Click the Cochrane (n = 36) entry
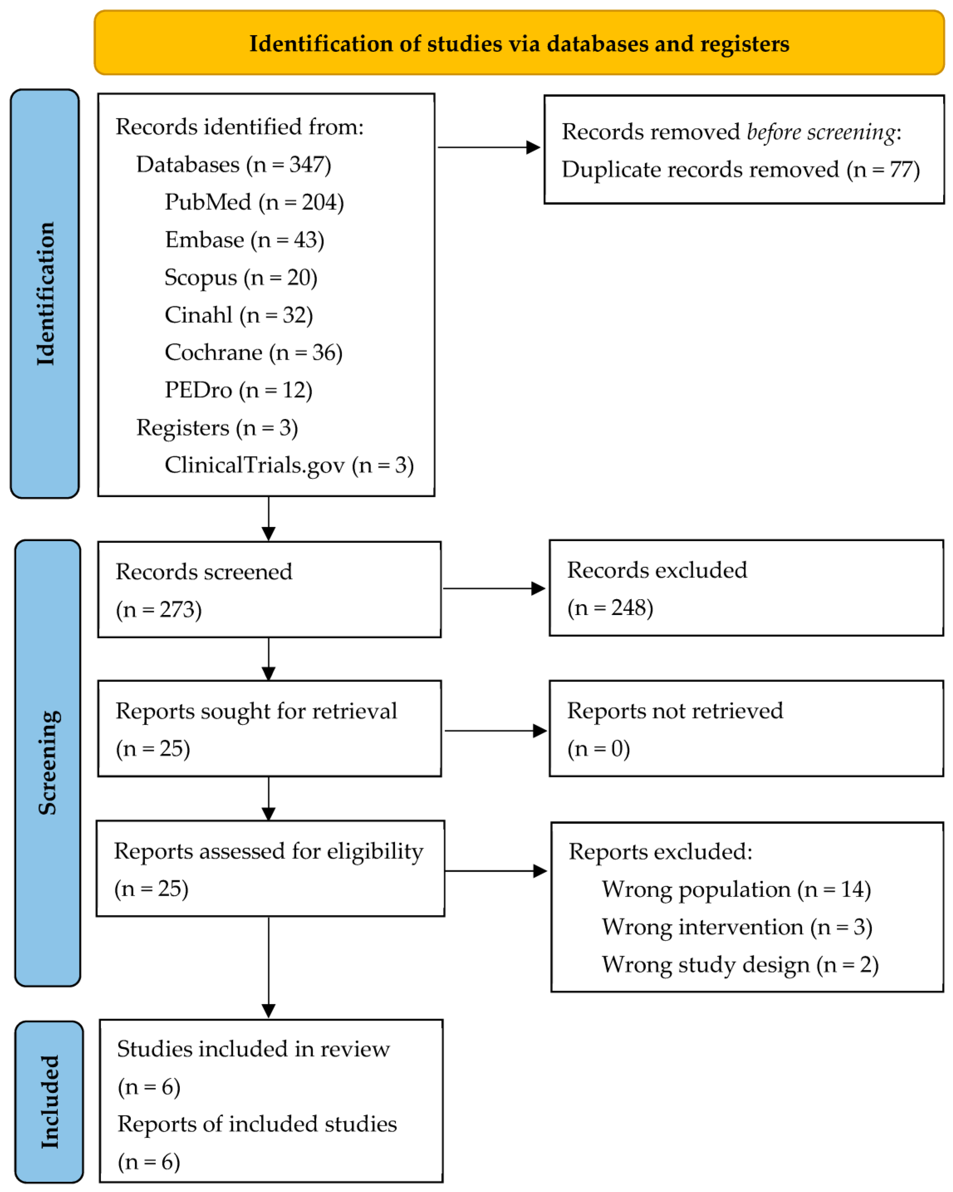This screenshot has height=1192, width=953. coord(253,353)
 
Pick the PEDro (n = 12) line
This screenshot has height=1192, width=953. coord(238,390)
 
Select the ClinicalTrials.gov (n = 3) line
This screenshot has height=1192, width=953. coord(289,466)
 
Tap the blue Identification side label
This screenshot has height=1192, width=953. coord(45,294)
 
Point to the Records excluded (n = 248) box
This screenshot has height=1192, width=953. coord(746,588)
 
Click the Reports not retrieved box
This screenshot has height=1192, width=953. coord(746,729)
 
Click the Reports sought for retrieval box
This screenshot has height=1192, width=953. coord(269,729)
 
